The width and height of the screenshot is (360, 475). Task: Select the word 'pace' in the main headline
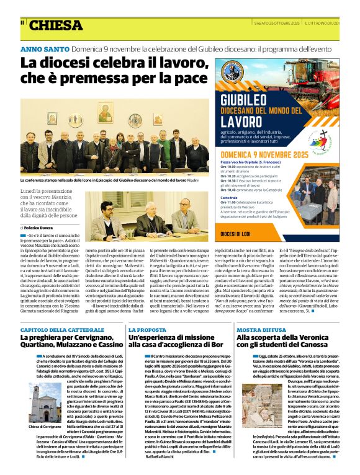[189, 79]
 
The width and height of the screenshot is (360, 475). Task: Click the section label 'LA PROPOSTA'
[147, 330]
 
